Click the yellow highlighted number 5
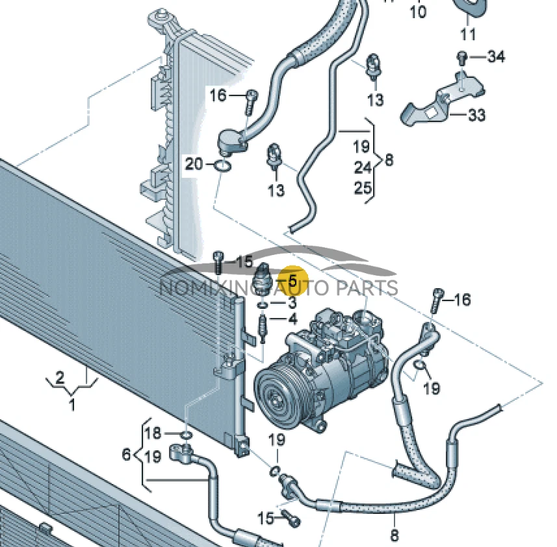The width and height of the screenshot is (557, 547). coord(292,282)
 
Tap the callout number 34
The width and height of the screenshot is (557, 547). coord(495,58)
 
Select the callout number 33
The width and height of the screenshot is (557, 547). coord(476,115)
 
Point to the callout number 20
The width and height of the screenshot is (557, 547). coord(194,164)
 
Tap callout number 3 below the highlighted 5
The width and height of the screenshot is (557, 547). coord(292,303)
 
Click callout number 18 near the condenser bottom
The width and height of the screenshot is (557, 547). coord(153,433)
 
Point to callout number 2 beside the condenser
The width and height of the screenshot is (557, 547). coord(59,377)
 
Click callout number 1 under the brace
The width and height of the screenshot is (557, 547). coord(71,406)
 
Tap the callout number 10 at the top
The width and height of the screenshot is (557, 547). coord(418,12)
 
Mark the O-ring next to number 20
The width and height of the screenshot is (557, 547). coord(222,167)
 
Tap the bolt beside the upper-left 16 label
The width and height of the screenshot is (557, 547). coord(251,101)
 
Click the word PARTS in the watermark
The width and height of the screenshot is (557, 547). coord(370,287)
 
